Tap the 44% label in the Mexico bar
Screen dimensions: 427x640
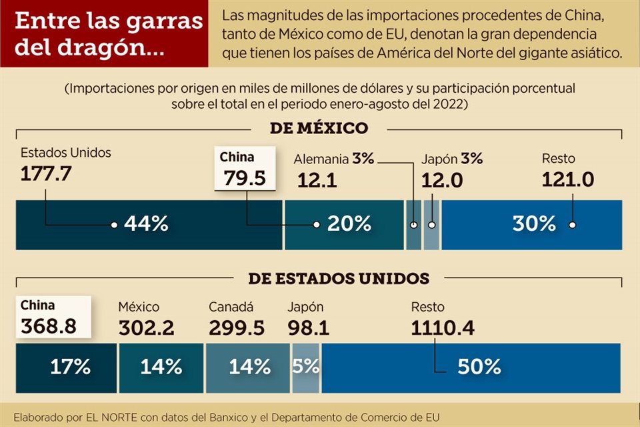tap(145, 224)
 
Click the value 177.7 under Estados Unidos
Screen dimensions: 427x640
tap(46, 174)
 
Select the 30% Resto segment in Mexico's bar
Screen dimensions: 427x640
tap(534, 224)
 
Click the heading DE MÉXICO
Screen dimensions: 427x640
tap(319, 128)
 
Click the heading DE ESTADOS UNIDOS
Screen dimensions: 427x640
tap(339, 278)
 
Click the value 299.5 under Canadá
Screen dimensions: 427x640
tap(236, 328)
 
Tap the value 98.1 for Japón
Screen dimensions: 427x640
tap(309, 328)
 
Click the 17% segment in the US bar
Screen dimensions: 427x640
tap(70, 366)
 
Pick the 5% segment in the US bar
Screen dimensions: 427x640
tap(306, 366)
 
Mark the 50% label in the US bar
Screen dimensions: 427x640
tap(479, 366)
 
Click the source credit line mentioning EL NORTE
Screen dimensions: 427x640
tap(227, 416)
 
